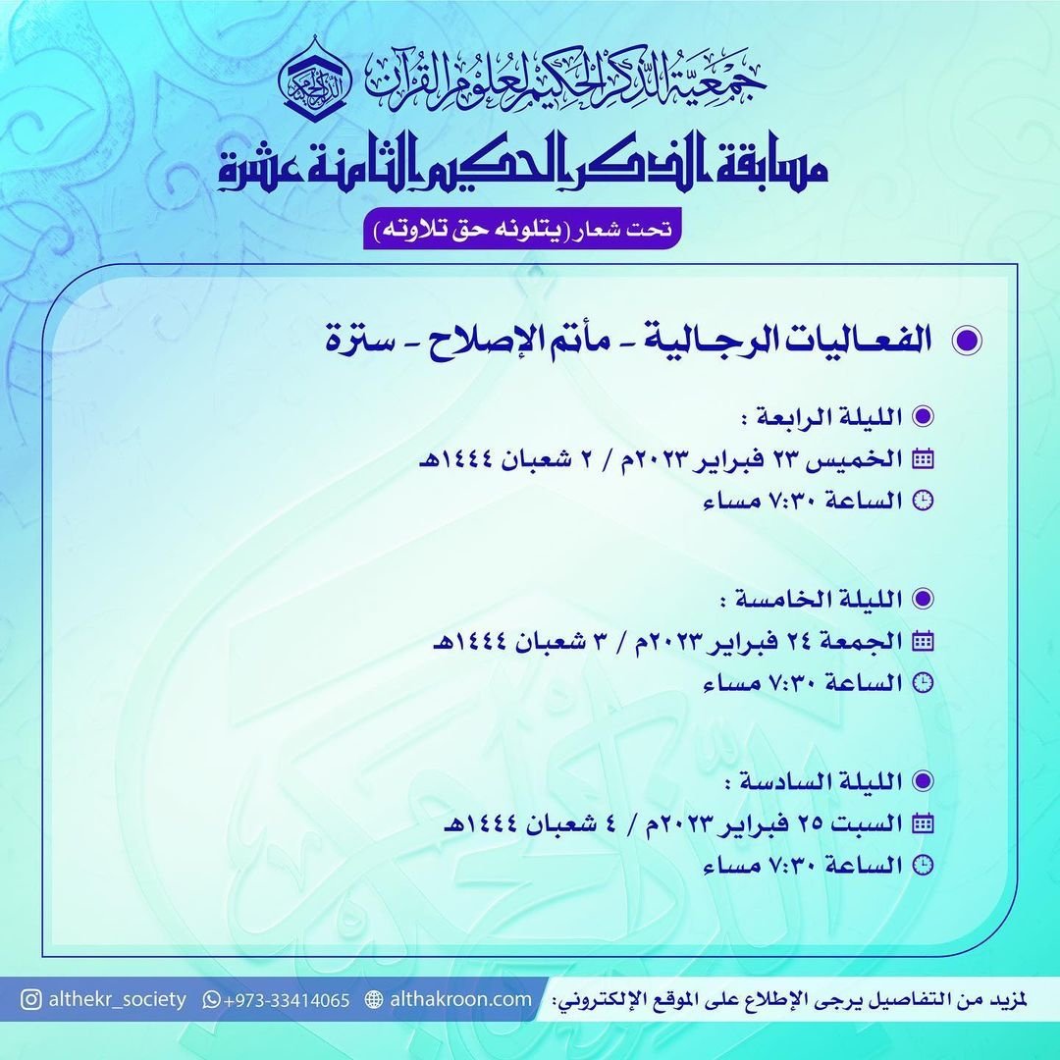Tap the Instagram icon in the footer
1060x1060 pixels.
[x=32, y=999]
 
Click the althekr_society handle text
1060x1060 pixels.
[x=118, y=999]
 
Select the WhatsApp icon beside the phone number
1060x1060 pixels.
[x=212, y=1000]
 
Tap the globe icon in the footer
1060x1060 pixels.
[x=373, y=1000]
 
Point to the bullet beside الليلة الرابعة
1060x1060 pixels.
[x=922, y=416]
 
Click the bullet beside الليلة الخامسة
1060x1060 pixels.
[x=922, y=599]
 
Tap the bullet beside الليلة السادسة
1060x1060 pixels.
[x=922, y=781]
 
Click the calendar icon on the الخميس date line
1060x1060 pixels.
[x=923, y=458]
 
